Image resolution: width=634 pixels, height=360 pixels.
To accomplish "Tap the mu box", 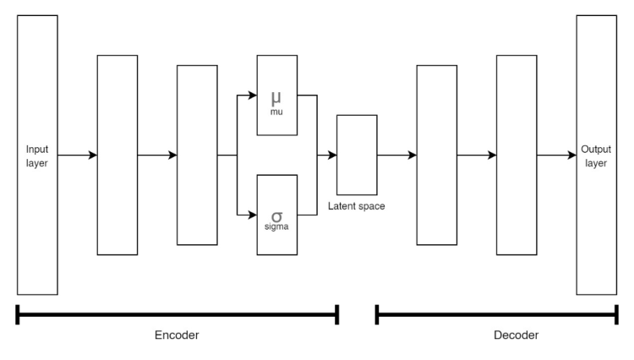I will point(277,95).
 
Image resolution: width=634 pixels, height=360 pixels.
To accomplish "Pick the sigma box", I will point(277,215).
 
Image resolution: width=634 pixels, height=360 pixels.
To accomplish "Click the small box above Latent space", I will point(357,155).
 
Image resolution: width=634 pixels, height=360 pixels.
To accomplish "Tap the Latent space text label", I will point(357,206).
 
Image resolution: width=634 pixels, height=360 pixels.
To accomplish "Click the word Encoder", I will point(176,335).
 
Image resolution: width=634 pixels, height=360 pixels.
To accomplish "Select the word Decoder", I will point(515,335).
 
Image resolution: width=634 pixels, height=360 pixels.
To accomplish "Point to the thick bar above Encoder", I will point(177,315).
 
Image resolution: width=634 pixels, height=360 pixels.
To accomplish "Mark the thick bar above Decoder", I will point(496,315).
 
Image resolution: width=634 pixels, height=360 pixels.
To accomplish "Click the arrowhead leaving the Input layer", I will point(93,155).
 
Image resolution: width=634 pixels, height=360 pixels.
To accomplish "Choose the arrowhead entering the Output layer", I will point(571,155).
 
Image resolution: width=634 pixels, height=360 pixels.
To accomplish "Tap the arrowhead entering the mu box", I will point(252,95).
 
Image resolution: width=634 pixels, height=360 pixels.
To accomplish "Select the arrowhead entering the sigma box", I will point(252,215).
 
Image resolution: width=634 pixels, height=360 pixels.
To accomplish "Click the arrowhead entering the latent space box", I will point(332,155).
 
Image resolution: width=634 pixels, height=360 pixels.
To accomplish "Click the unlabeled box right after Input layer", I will point(118,155).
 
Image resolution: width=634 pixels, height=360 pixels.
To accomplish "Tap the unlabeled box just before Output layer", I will point(516,155).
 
